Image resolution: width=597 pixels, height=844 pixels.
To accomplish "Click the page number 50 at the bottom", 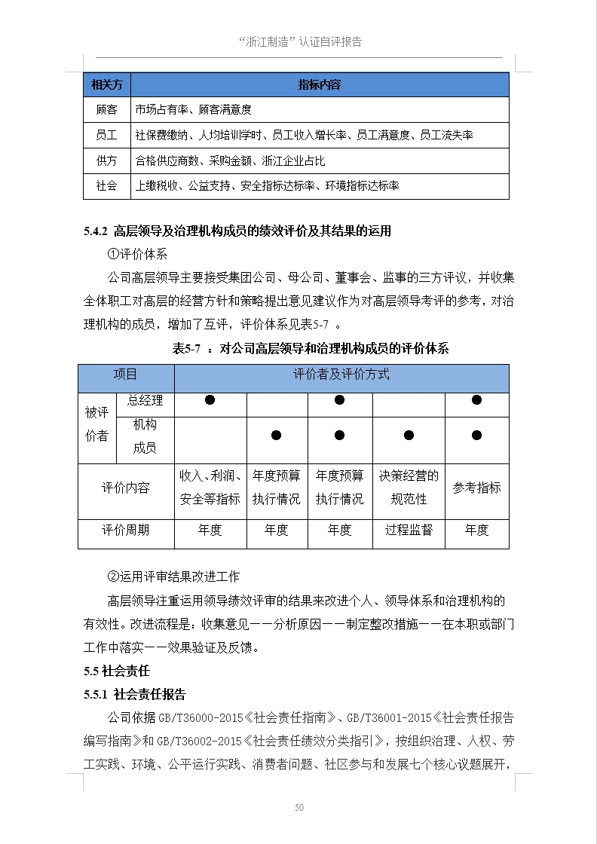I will [299, 808].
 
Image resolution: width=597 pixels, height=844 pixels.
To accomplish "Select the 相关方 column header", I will [106, 84].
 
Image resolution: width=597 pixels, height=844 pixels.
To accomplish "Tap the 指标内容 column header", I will [320, 84].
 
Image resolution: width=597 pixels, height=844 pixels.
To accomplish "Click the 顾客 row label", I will [106, 110].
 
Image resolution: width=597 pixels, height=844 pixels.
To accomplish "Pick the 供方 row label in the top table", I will [106, 161].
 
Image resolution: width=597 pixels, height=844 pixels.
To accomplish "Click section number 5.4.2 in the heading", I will [96, 231].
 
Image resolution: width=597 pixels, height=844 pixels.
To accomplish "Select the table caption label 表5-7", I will [185, 348].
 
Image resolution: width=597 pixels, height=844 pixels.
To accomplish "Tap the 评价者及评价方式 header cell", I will [341, 375].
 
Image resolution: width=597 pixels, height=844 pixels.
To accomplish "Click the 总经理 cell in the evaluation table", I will [145, 400].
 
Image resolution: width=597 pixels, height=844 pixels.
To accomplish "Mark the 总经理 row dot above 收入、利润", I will [210, 400].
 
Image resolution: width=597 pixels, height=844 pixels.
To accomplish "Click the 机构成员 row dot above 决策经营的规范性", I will [408, 435].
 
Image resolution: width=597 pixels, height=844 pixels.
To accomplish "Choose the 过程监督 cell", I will [409, 530].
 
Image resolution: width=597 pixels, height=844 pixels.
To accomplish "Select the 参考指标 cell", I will [476, 488].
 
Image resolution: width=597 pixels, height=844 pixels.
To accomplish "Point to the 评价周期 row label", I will [125, 530].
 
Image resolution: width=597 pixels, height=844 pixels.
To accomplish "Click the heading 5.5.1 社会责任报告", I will [135, 694].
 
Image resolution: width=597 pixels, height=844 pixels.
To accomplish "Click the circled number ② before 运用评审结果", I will [114, 576].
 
